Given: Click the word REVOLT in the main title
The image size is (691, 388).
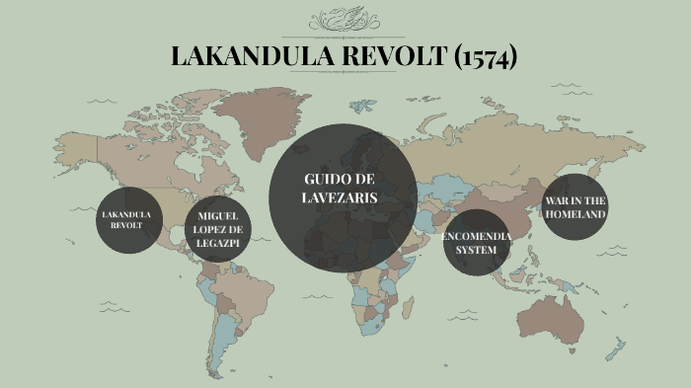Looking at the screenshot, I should tap(389, 56).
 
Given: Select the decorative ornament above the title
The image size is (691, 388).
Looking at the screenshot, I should tap(345, 20).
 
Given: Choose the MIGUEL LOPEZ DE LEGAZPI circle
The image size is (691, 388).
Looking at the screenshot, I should tap(219, 229).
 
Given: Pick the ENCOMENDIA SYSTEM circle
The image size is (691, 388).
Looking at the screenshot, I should tap(477, 243).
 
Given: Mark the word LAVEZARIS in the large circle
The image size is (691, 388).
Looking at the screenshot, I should tap(341, 197).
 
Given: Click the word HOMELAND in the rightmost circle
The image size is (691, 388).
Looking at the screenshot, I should tap(576, 214).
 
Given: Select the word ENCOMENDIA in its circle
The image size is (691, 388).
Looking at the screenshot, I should tap(477, 237).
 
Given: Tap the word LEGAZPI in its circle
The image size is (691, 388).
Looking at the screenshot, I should tap(219, 242).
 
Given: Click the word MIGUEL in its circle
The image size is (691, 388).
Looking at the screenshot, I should tap(219, 215).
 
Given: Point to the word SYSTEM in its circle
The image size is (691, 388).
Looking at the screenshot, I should tap(477, 250).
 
